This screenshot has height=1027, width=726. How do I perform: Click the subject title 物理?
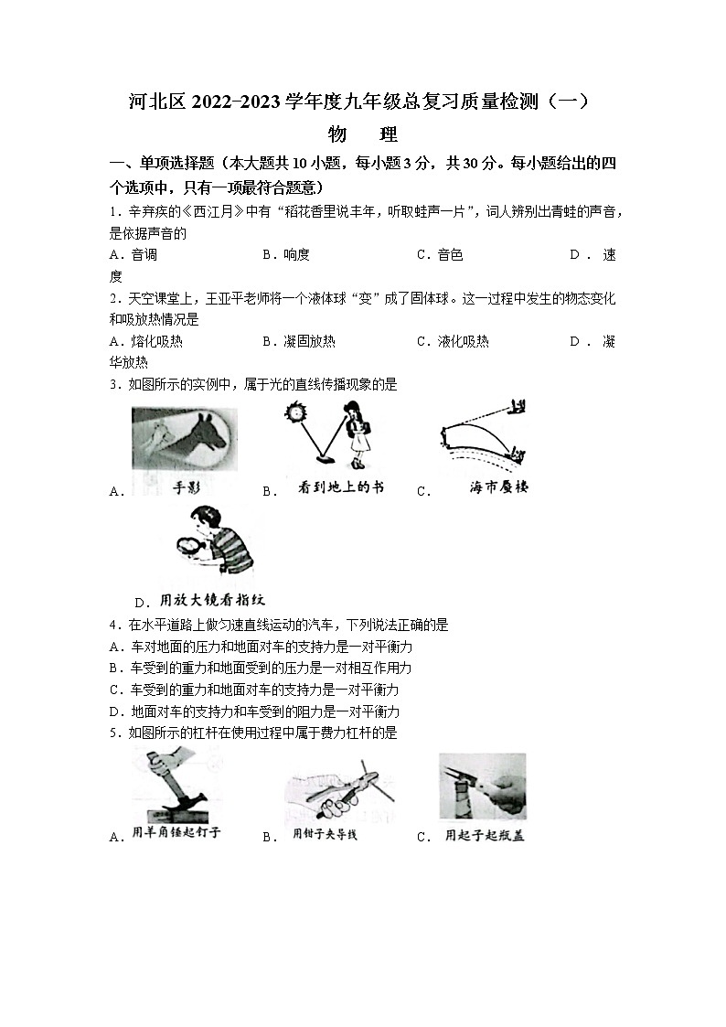pyautogui.click(x=363, y=134)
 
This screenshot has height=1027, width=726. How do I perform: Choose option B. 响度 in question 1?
pyautogui.click(x=286, y=255)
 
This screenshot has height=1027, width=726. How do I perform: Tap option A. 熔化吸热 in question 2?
pyautogui.click(x=145, y=341)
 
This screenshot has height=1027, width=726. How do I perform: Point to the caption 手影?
pyautogui.click(x=186, y=487)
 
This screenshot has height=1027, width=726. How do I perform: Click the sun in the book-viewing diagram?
pyautogui.click(x=295, y=413)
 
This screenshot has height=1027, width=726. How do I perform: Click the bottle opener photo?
pyautogui.click(x=482, y=786)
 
